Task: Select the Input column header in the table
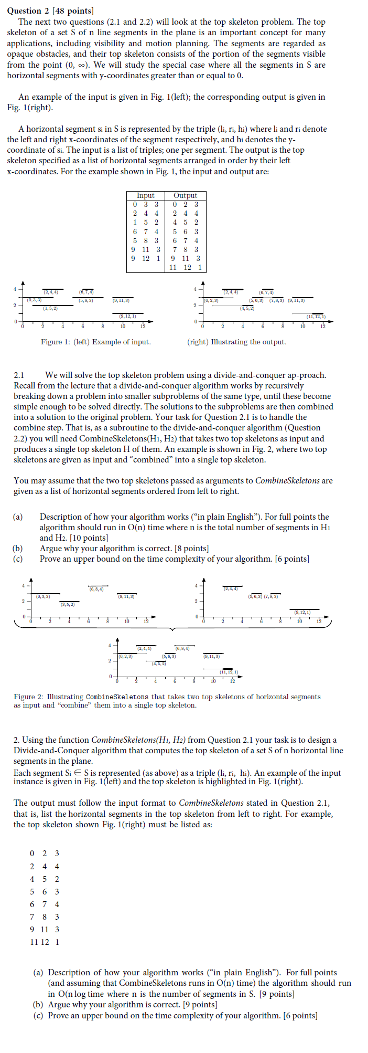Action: coord(145,195)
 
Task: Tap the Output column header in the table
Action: coord(185,195)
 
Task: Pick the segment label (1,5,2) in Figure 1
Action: coord(50,308)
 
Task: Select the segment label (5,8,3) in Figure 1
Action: coord(86,300)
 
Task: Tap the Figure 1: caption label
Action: coord(56,342)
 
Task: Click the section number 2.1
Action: coord(19,375)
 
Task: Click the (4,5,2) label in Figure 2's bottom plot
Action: coord(159,664)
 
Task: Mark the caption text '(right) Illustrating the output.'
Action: coord(237,342)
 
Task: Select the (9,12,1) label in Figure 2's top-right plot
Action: coord(302,612)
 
